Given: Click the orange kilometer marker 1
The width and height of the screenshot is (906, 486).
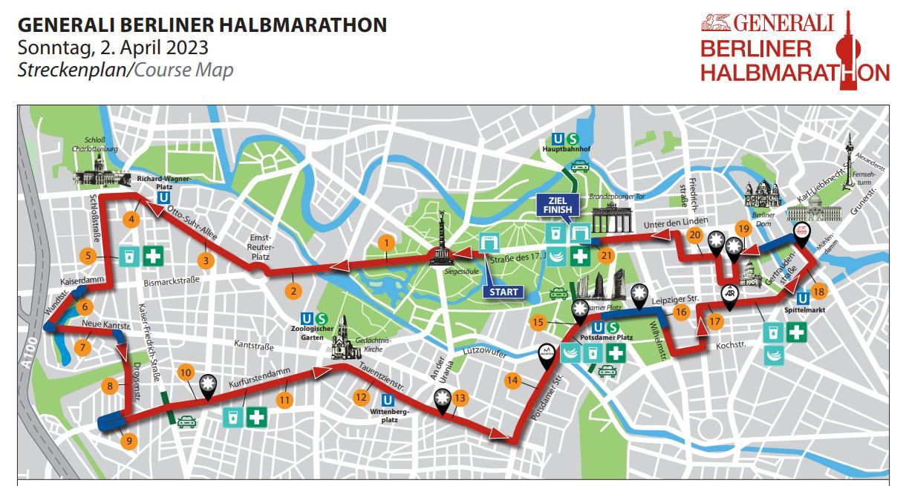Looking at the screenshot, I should coord(385,242).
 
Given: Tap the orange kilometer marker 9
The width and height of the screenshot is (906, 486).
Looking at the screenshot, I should coord(128,441).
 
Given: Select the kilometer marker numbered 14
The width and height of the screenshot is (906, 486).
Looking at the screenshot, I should coord(512,381).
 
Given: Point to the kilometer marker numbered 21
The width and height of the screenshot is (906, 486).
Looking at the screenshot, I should coord(607,256).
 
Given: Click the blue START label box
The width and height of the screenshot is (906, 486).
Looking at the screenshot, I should coord(503,292).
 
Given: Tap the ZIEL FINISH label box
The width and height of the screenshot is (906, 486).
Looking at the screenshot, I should coord(561,205).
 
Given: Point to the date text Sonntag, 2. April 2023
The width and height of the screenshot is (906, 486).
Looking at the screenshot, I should coord(113,48).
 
